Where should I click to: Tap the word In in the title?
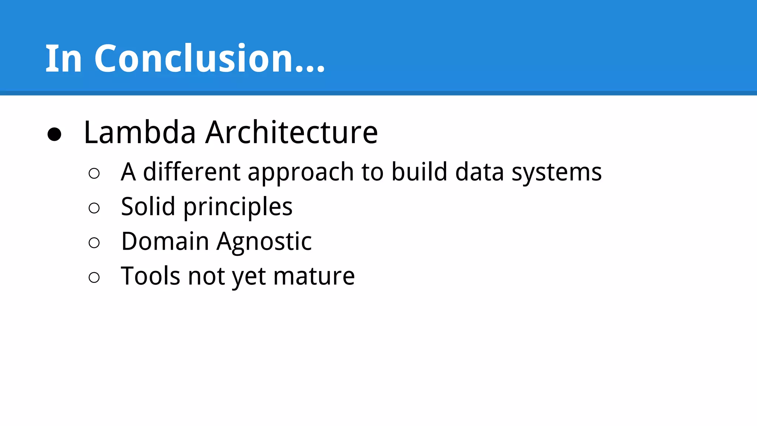[63, 58]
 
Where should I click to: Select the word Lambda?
[140, 132]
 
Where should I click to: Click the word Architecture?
[292, 132]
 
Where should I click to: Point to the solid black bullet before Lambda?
[54, 134]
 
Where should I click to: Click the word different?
[192, 172]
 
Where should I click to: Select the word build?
[419, 172]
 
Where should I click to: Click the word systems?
[556, 173]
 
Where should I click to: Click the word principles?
[238, 207]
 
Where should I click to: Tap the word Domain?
[165, 241]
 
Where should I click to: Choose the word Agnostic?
[264, 242]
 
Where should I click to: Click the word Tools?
[150, 276]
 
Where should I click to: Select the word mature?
[314, 277]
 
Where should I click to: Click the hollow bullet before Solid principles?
[94, 208]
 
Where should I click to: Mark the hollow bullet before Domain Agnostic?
[94, 243]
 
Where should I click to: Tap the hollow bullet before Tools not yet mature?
[94, 278]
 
